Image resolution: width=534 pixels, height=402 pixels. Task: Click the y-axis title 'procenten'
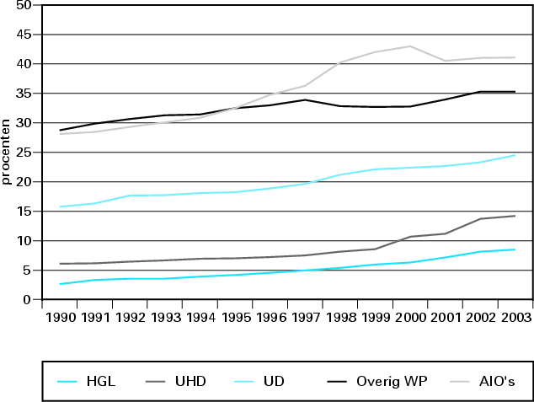(7, 153)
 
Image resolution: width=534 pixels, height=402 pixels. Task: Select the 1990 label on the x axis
(60, 317)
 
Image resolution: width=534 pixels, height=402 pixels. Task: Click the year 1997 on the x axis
(306, 317)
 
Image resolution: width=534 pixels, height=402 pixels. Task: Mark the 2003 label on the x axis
(515, 317)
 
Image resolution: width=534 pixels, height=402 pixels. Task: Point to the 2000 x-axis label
(410, 317)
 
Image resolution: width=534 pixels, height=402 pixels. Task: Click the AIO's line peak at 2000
(410, 46)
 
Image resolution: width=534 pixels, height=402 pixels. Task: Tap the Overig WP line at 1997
(305, 99)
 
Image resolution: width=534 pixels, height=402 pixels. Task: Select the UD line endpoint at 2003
(515, 155)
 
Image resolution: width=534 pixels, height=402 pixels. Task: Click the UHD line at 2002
(480, 219)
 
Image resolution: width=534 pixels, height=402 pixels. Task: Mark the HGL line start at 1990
(60, 284)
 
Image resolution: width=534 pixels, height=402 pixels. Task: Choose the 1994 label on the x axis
(200, 317)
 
